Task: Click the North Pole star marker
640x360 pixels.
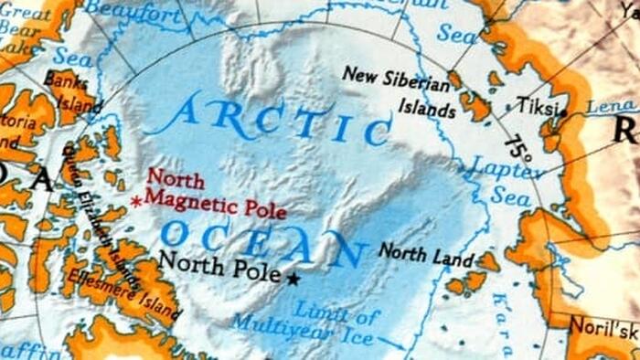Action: (x=293, y=279)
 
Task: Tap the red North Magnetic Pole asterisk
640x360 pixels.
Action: (x=136, y=201)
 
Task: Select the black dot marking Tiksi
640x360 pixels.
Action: (x=564, y=113)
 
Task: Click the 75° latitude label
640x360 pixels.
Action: (x=517, y=149)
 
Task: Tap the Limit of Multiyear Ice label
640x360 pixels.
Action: (x=306, y=327)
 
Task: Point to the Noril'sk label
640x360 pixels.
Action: (x=603, y=326)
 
